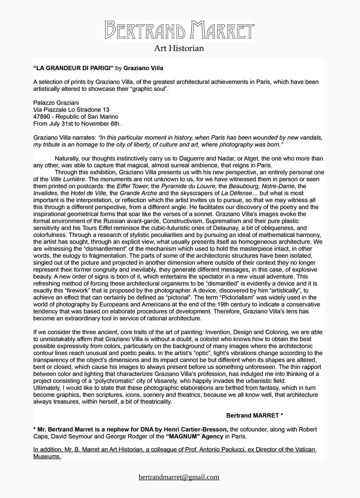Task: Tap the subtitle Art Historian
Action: click(x=179, y=49)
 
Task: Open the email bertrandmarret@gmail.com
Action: click(x=179, y=477)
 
